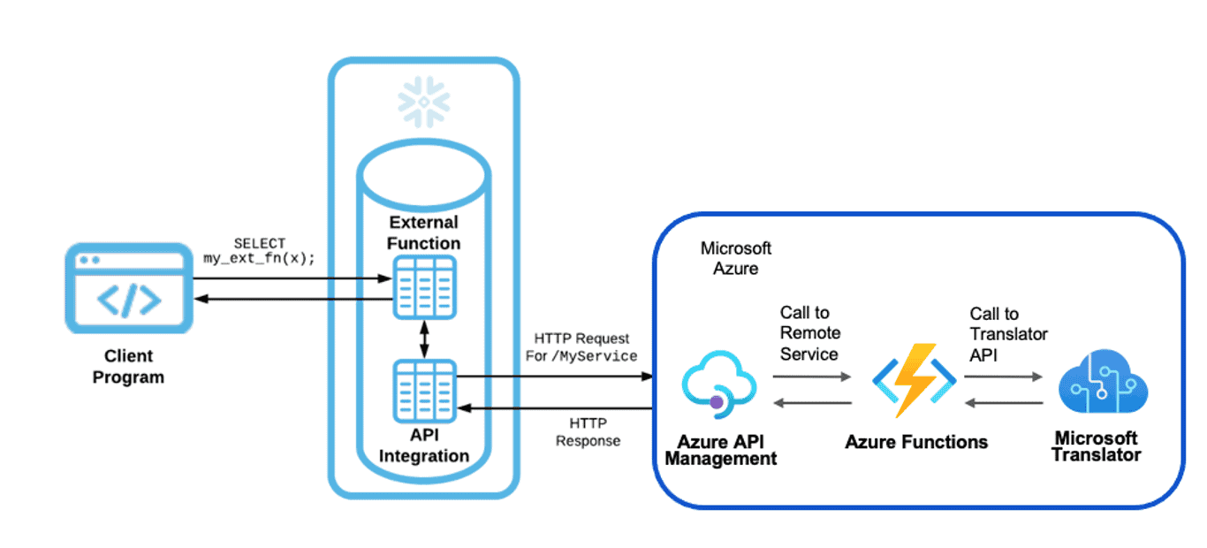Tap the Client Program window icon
(x=129, y=288)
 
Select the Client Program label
(x=128, y=367)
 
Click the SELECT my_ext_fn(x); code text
(x=260, y=251)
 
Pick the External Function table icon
(x=424, y=286)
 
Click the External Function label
(x=424, y=232)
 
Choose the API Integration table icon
(x=424, y=391)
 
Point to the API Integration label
(x=424, y=445)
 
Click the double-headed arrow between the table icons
(x=424, y=339)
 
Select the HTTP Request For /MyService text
(x=584, y=347)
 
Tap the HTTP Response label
(x=588, y=431)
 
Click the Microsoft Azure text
(x=735, y=258)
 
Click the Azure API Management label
(x=720, y=450)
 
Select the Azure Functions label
(x=916, y=442)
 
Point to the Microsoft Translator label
(x=1096, y=446)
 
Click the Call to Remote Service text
(x=809, y=333)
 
